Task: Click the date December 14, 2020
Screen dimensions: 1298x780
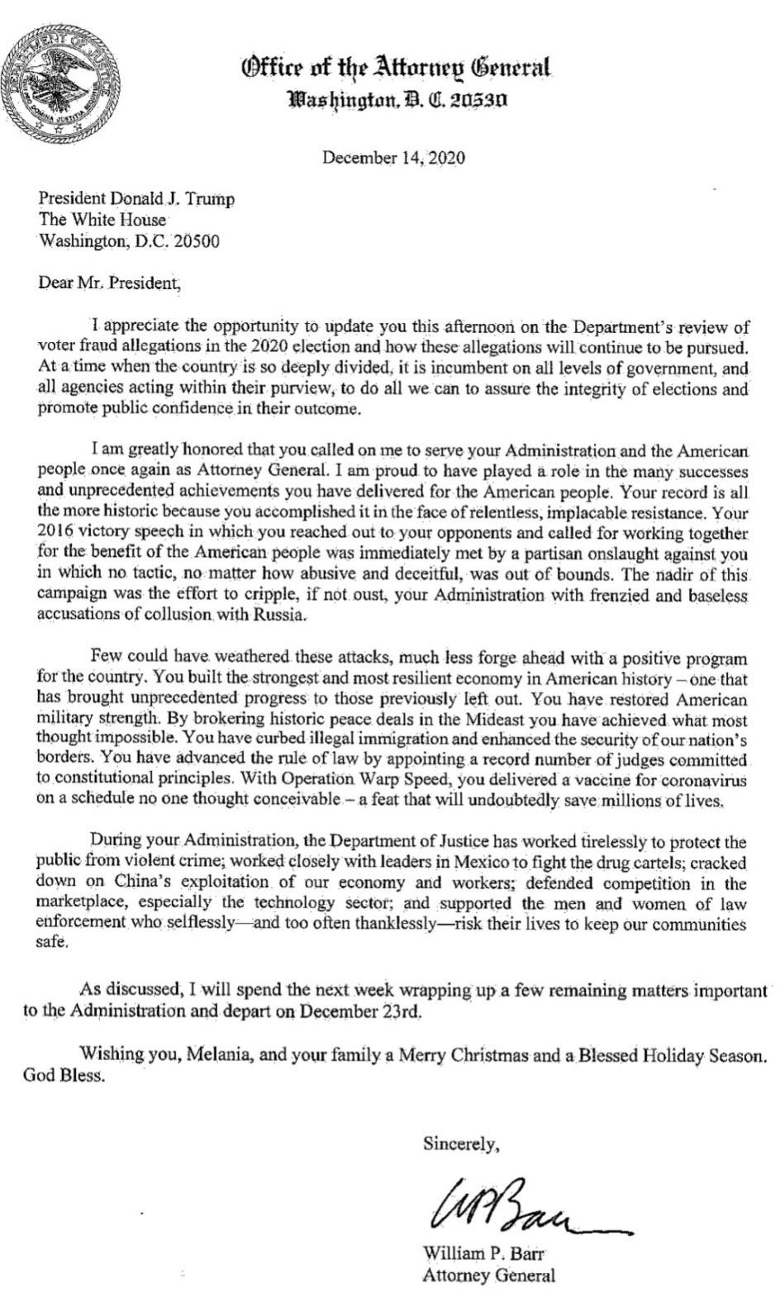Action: point(392,157)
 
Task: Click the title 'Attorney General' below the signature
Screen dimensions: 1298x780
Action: point(488,1274)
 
